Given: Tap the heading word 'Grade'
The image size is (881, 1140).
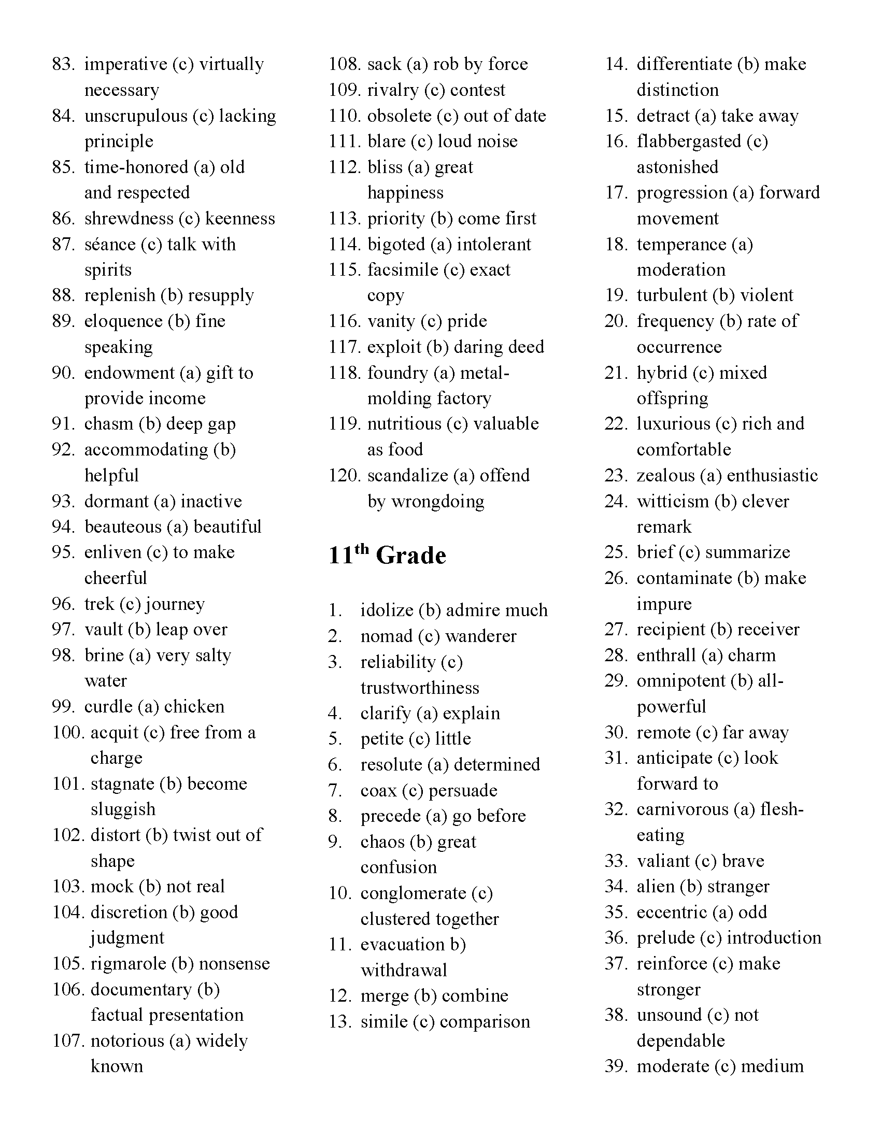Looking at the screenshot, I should pos(411,555).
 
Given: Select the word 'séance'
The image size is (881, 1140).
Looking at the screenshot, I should pos(108,244).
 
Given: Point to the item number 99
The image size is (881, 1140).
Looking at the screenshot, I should pos(64,706).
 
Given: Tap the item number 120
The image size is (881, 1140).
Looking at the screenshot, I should pos(344,475).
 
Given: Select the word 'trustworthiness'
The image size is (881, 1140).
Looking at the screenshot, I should pos(420,688).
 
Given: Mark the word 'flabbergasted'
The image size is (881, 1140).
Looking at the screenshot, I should pos(688,141).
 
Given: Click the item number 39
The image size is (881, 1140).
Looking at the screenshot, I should pos(616,1066).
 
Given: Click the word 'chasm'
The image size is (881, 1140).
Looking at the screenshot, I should pos(108,424).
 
